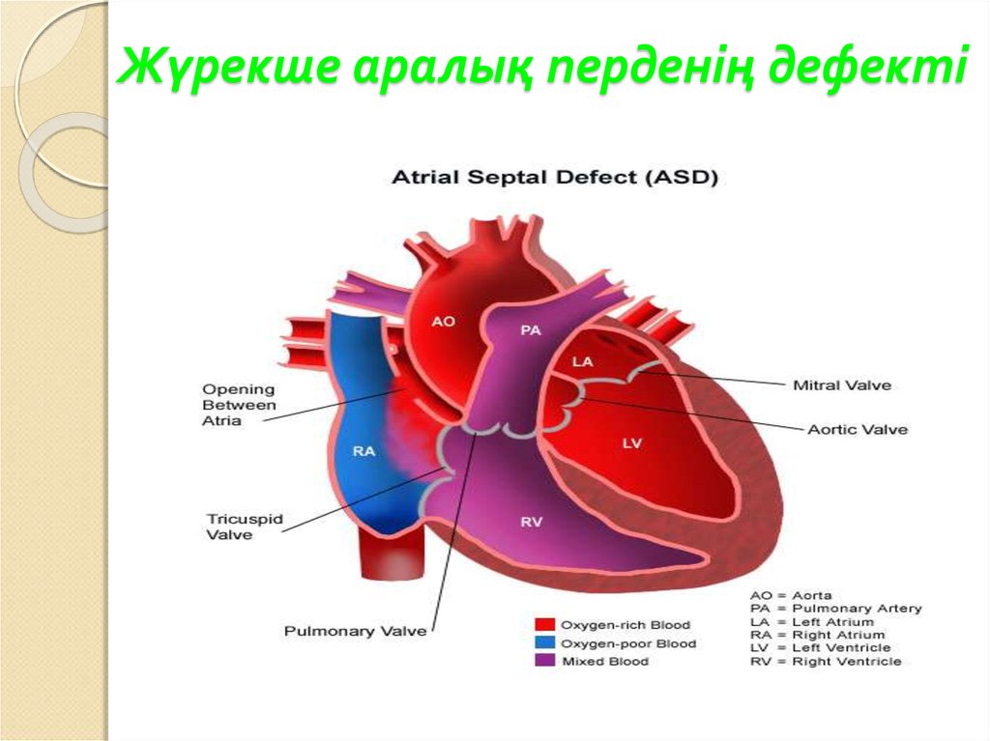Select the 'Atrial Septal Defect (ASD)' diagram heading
click(553, 179)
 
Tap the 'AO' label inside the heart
click(443, 322)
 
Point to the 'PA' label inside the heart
click(530, 330)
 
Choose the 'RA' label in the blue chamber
click(364, 451)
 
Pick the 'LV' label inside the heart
click(632, 442)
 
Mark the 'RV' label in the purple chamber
click(532, 522)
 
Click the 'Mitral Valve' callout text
click(842, 385)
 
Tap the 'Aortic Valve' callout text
click(858, 429)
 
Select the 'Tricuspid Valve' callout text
click(245, 527)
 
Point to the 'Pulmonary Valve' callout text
click(355, 631)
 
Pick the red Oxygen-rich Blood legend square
click(544, 625)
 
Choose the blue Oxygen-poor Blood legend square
click(544, 642)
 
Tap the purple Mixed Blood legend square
click(544, 661)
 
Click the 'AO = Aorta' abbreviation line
click(791, 595)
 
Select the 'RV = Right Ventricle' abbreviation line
click(825, 662)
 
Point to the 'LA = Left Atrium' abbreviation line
click(803, 622)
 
